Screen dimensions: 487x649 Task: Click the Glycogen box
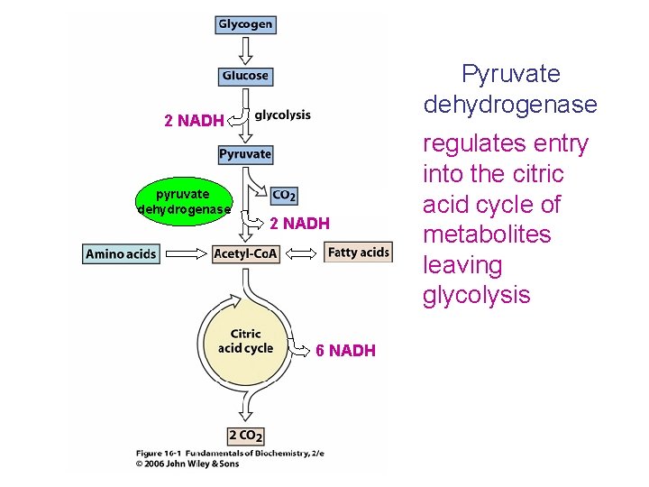pyautogui.click(x=245, y=24)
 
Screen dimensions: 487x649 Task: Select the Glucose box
pyautogui.click(x=245, y=76)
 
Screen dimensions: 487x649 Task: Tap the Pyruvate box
pyautogui.click(x=245, y=154)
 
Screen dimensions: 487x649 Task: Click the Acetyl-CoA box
pyautogui.click(x=244, y=253)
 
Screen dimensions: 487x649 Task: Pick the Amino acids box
pyautogui.click(x=121, y=254)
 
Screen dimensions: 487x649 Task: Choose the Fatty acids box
pyautogui.click(x=358, y=253)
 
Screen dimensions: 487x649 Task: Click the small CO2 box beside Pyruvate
pyautogui.click(x=284, y=195)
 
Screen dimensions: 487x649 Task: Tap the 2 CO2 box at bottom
pyautogui.click(x=246, y=436)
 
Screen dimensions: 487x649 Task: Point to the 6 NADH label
pyautogui.click(x=345, y=351)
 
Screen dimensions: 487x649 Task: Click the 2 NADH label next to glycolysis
pyautogui.click(x=194, y=121)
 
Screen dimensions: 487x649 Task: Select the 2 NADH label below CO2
pyautogui.click(x=299, y=224)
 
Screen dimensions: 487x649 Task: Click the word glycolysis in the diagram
pyautogui.click(x=282, y=115)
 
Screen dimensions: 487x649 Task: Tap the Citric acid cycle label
pyautogui.click(x=245, y=341)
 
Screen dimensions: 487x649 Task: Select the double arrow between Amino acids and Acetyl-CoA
pyautogui.click(x=186, y=254)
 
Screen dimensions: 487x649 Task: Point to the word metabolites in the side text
pyautogui.click(x=486, y=234)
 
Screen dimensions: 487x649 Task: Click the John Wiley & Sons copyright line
pyautogui.click(x=194, y=464)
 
